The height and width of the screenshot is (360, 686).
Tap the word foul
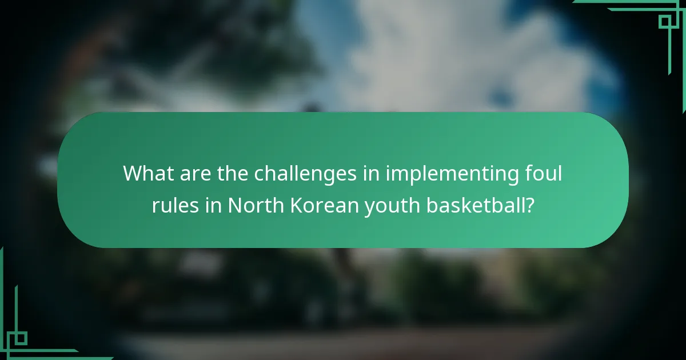(543, 173)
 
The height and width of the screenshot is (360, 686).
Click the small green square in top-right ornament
(664, 22)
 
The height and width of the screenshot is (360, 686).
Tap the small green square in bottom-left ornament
(21, 338)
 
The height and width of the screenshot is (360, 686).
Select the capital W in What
(133, 173)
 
